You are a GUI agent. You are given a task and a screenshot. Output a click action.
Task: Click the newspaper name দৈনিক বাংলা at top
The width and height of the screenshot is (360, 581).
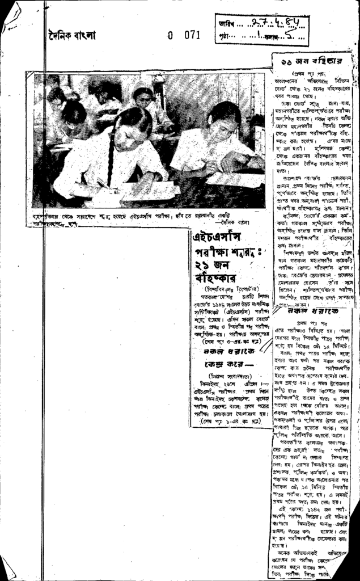[72, 36]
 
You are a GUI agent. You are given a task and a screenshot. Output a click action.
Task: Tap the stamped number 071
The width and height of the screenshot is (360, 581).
[192, 35]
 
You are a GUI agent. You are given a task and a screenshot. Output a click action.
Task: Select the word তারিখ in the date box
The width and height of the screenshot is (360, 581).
[226, 23]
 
